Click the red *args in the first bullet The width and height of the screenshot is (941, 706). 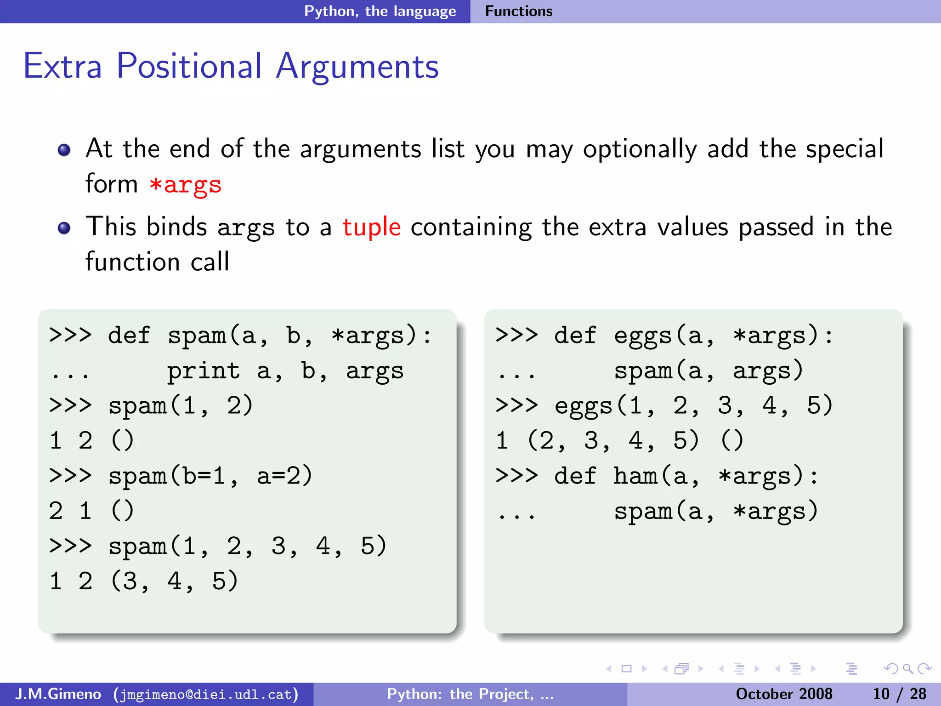(186, 185)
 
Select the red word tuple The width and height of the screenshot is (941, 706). (371, 227)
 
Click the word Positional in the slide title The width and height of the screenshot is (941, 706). (189, 66)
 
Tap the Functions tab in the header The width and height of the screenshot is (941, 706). (518, 11)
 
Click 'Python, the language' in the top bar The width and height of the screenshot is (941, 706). (380, 11)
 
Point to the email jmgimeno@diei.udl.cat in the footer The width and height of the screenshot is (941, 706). (206, 694)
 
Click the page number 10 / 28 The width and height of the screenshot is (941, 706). (899, 694)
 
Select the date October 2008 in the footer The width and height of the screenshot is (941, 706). (784, 694)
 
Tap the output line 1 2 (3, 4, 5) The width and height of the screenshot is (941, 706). (144, 581)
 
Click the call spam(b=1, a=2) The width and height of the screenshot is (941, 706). (210, 476)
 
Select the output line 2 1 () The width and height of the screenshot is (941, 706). (91, 511)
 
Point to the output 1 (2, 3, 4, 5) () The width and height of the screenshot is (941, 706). (619, 441)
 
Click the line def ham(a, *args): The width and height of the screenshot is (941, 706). (657, 476)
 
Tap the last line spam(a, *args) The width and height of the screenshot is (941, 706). (716, 512)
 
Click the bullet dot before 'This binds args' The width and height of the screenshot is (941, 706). (64, 228)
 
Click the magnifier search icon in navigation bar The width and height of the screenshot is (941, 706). (907, 669)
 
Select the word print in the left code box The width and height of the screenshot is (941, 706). (203, 371)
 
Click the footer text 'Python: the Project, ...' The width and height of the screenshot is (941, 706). (470, 694)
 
